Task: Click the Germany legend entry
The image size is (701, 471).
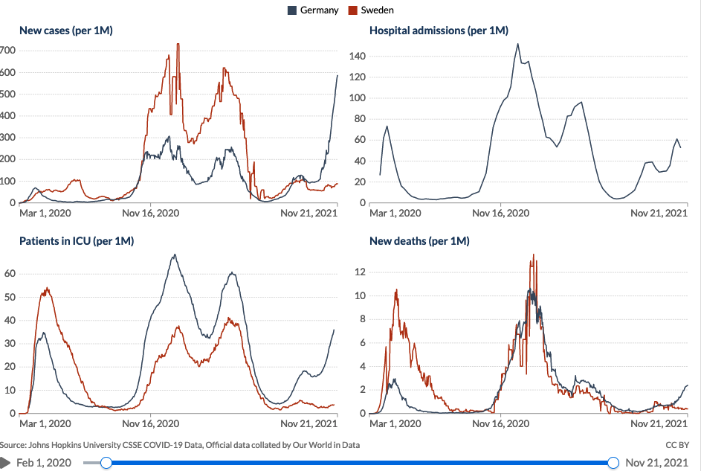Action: tap(313, 10)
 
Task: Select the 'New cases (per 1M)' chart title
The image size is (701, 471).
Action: tap(65, 31)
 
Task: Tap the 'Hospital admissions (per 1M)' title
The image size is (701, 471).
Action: tap(439, 31)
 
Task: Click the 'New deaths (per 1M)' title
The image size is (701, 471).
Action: tap(419, 241)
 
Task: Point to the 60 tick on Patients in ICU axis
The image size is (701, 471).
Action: tap(10, 273)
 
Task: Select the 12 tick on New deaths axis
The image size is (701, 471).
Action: tap(361, 272)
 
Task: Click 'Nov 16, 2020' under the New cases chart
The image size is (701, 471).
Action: tap(152, 213)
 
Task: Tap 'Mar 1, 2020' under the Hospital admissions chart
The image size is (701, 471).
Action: tap(395, 213)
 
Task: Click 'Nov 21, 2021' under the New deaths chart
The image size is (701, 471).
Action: tap(659, 423)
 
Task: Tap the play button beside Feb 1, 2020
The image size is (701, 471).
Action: tap(5, 463)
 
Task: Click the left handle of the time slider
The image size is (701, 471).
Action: tap(106, 463)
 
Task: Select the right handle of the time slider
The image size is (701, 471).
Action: tap(613, 463)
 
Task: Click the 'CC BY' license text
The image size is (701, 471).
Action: tap(678, 445)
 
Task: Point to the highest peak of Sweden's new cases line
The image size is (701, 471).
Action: tap(178, 44)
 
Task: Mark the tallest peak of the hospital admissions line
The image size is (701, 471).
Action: tap(517, 44)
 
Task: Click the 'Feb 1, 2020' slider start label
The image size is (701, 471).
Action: tap(44, 463)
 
